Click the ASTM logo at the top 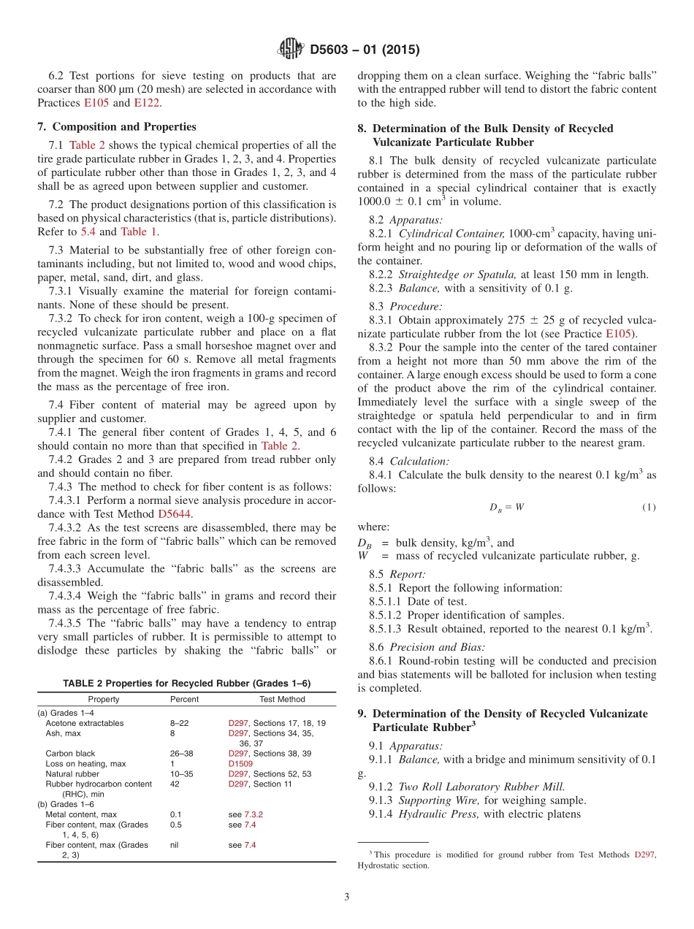click(x=291, y=50)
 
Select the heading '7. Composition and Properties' click(x=117, y=126)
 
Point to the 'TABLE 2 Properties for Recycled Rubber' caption click(x=186, y=684)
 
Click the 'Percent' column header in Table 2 click(x=184, y=700)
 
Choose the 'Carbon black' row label click(x=70, y=754)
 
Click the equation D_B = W click(x=506, y=508)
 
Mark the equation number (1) click(x=649, y=508)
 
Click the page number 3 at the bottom click(x=347, y=897)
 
